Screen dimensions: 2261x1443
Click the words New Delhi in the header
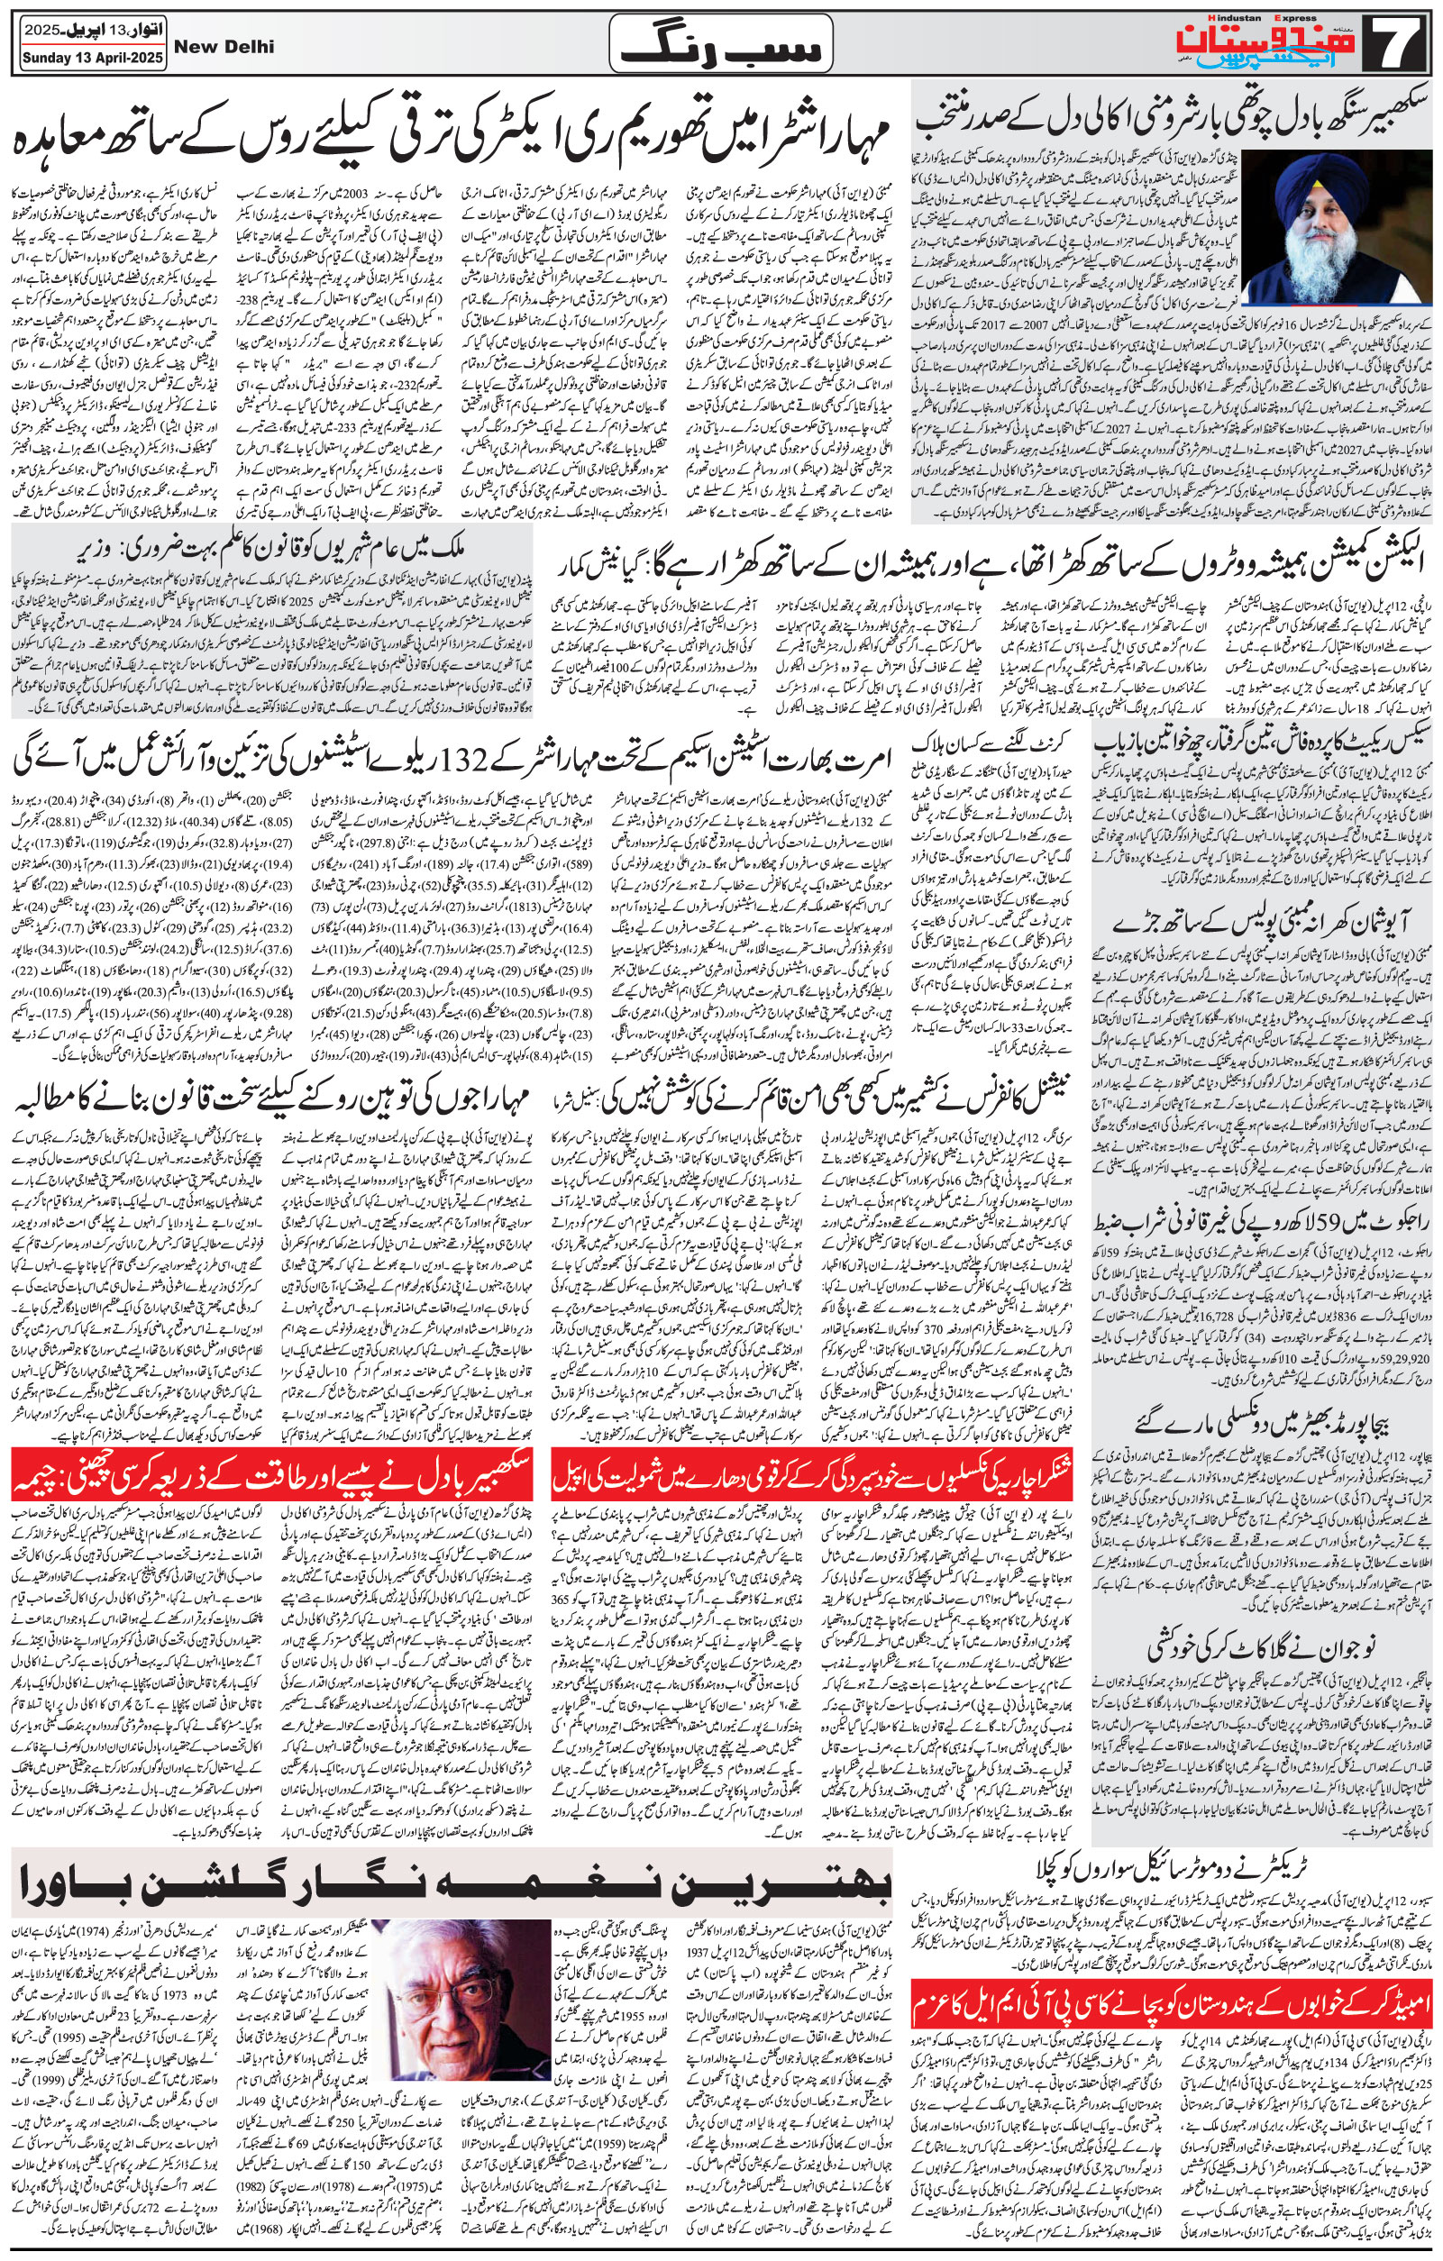pos(224,46)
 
